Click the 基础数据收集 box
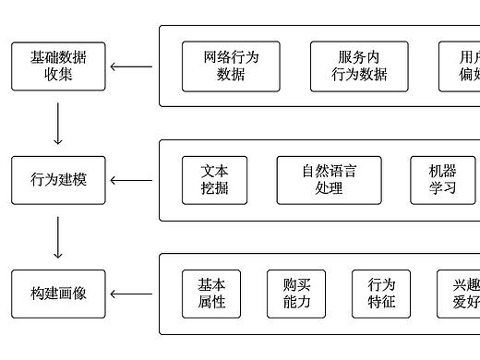(x=58, y=66)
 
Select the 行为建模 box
(x=58, y=180)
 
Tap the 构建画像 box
(x=58, y=294)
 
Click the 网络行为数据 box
(x=231, y=66)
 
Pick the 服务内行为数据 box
(x=359, y=66)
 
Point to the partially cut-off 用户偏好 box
(x=461, y=66)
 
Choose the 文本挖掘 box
(x=214, y=180)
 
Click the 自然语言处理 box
(x=329, y=180)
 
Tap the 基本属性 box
(x=211, y=294)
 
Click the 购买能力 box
(x=296, y=294)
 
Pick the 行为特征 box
(x=381, y=294)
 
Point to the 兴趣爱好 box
(x=461, y=294)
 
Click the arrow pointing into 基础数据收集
(x=131, y=66)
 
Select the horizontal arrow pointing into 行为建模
(x=131, y=180)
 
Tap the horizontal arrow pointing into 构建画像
(x=131, y=294)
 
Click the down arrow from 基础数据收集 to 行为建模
(x=58, y=124)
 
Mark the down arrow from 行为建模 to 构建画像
(x=58, y=237)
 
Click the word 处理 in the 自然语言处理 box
(x=329, y=188)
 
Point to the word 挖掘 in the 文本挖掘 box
(x=214, y=188)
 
